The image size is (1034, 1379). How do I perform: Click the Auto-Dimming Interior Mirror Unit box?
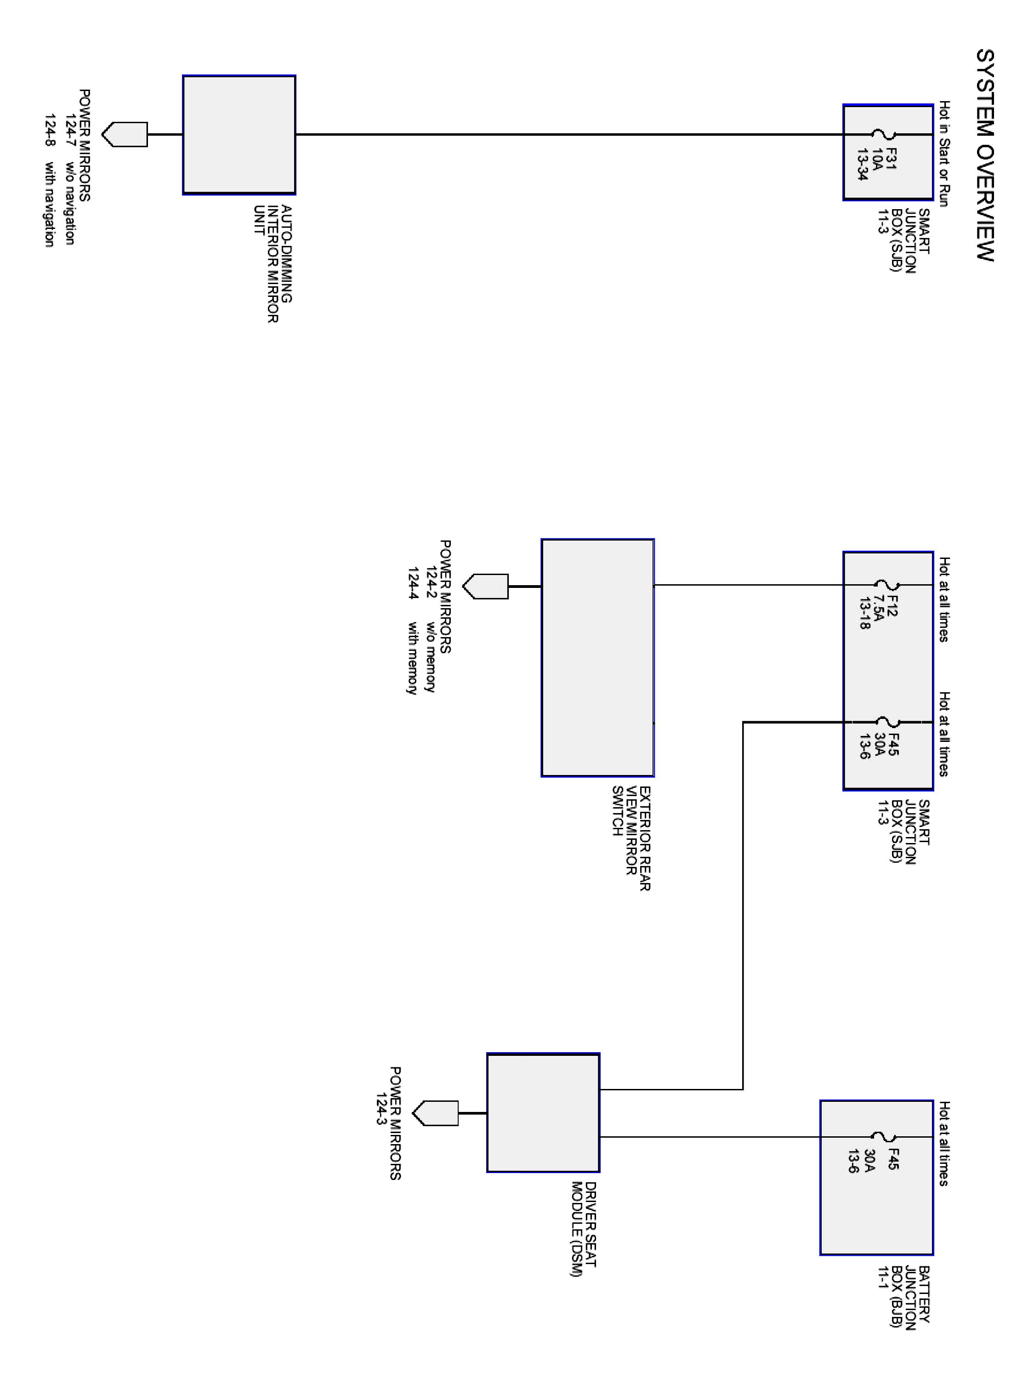(x=239, y=135)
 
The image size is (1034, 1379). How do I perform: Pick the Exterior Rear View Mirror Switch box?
(x=597, y=658)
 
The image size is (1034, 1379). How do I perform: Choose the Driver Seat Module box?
(x=543, y=1113)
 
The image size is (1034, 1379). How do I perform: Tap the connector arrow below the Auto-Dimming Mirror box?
(x=125, y=135)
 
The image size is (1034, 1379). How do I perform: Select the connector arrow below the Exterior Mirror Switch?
(x=486, y=587)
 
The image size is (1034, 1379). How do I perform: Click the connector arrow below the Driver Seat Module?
(x=436, y=1113)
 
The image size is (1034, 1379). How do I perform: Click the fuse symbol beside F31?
(x=883, y=134)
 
